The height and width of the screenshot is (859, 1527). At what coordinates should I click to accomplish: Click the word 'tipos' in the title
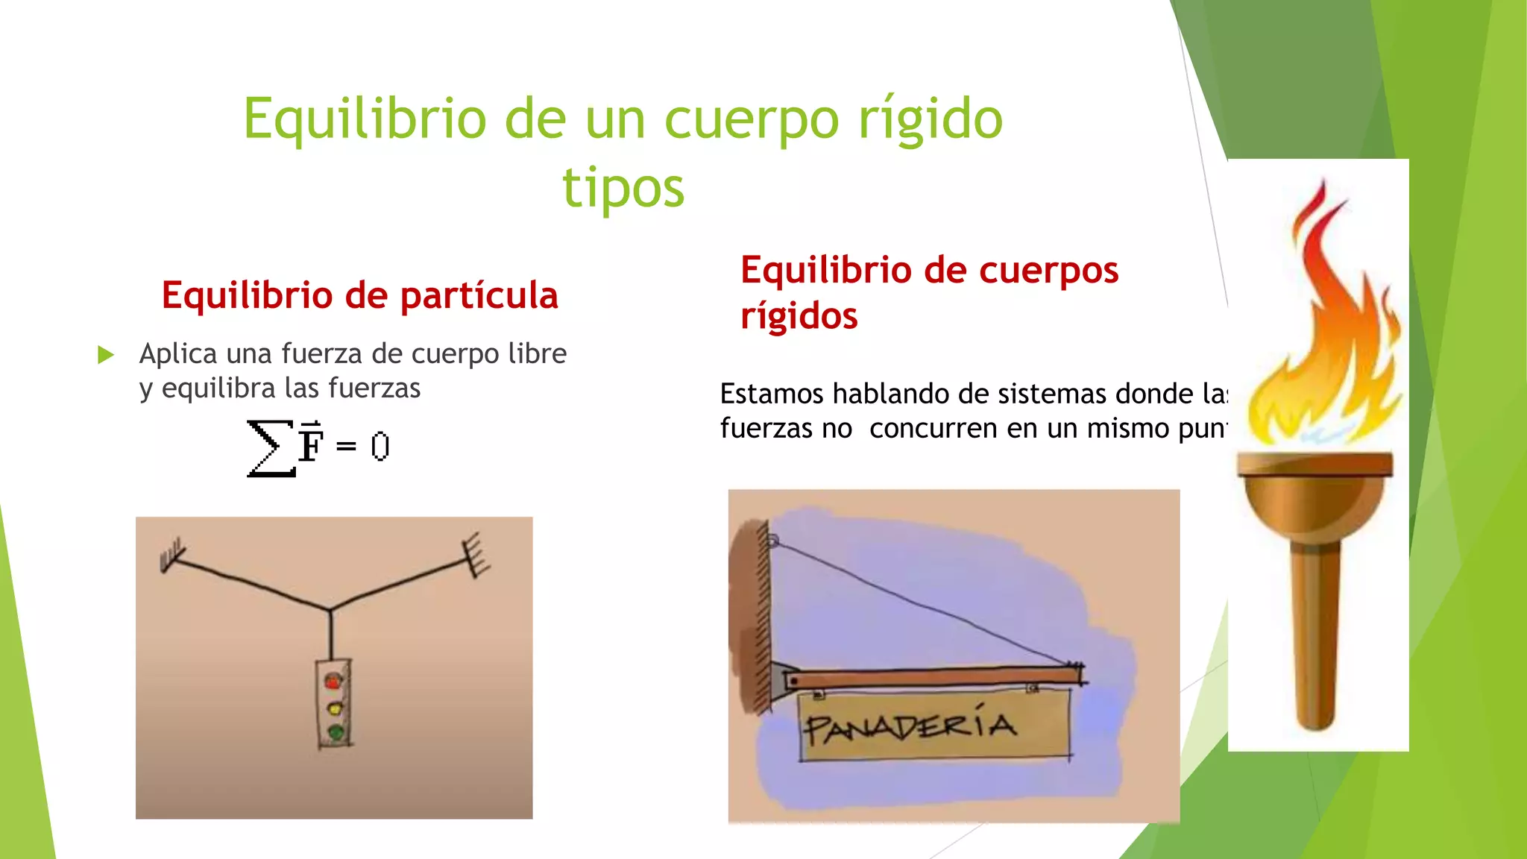[x=623, y=188]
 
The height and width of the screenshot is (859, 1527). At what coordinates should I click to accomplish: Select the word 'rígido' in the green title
[x=931, y=119]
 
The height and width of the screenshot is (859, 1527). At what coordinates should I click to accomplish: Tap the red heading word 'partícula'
[x=479, y=295]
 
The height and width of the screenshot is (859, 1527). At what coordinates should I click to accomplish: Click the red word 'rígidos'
[x=799, y=316]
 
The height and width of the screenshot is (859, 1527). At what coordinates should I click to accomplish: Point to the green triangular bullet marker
[x=106, y=355]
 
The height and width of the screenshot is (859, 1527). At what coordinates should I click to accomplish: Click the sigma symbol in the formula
[x=270, y=447]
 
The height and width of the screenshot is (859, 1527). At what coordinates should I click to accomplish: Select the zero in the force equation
[x=380, y=447]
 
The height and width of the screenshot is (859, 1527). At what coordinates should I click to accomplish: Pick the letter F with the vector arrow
[x=311, y=443]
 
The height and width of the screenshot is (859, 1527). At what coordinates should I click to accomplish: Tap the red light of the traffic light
[x=333, y=681]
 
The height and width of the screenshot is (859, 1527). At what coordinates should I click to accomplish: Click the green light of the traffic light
[x=336, y=732]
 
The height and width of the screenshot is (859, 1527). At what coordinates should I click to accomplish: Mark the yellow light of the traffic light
[x=335, y=707]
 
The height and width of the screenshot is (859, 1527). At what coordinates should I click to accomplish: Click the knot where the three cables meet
[x=330, y=610]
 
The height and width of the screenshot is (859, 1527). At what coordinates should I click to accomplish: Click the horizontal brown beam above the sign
[x=932, y=678]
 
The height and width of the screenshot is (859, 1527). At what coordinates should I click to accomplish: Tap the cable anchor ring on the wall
[x=772, y=541]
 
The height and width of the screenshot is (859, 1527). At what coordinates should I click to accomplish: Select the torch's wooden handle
[x=1317, y=634]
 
